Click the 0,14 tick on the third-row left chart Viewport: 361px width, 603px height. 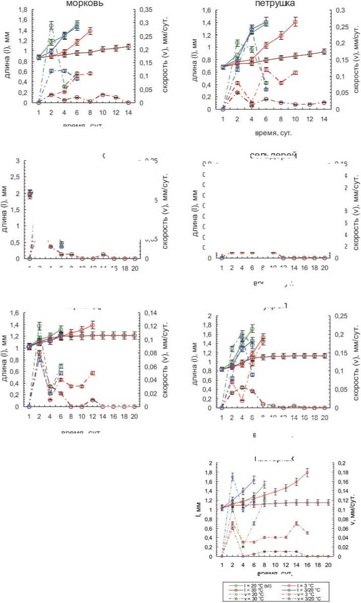[x=152, y=313]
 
